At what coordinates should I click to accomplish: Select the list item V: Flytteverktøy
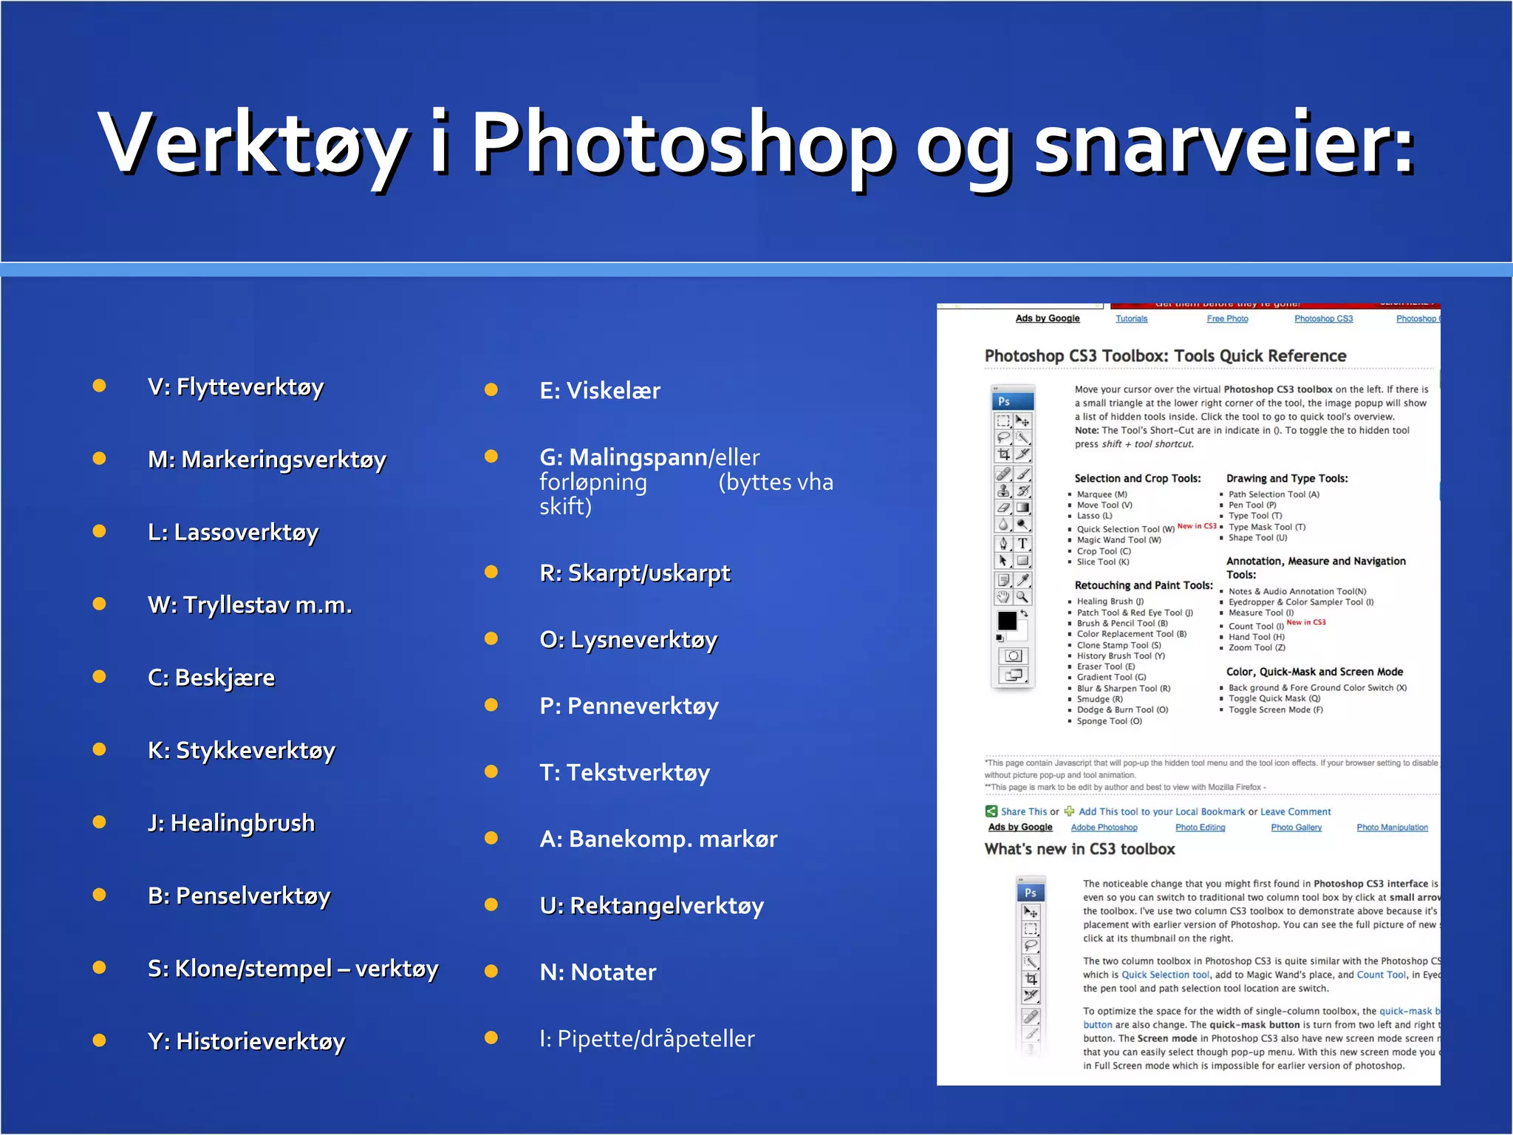click(236, 386)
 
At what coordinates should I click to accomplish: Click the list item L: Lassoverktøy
click(233, 532)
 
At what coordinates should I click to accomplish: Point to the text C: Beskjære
click(211, 678)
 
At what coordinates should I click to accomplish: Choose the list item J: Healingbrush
click(231, 823)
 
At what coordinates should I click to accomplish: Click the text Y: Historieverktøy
click(246, 1041)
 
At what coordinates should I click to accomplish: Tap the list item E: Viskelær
click(600, 391)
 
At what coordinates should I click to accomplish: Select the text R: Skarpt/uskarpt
click(635, 573)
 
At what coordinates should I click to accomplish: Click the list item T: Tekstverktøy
click(624, 772)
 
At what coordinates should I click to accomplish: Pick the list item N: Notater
click(598, 972)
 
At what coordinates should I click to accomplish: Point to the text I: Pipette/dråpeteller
click(647, 1039)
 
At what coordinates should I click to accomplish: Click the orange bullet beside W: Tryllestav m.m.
click(99, 604)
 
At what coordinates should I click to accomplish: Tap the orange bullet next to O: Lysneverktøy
click(491, 638)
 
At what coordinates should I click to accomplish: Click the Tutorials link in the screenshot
click(1131, 319)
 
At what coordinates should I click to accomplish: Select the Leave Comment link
click(1295, 811)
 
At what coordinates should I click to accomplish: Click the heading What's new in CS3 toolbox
click(1079, 849)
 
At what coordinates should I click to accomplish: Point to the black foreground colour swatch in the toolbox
click(1007, 621)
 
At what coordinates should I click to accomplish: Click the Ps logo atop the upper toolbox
click(1004, 401)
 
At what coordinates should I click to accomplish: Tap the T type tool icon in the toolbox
click(1022, 543)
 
